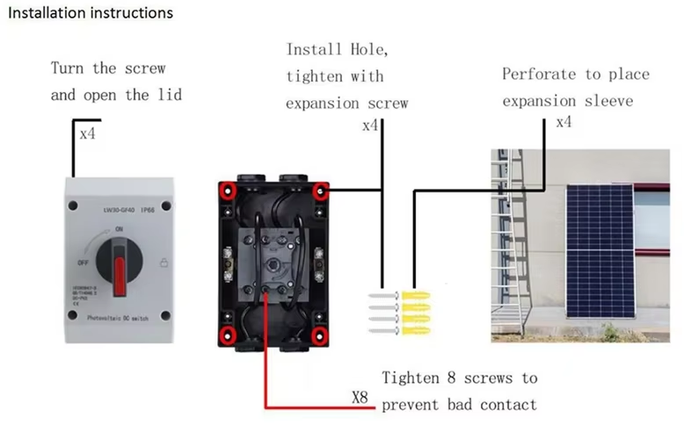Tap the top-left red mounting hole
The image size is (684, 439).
[229, 189]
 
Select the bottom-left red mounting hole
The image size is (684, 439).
[229, 334]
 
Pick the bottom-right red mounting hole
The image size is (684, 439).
[323, 335]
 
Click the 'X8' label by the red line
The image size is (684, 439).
[359, 398]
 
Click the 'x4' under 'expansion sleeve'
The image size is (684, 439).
[564, 122]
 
